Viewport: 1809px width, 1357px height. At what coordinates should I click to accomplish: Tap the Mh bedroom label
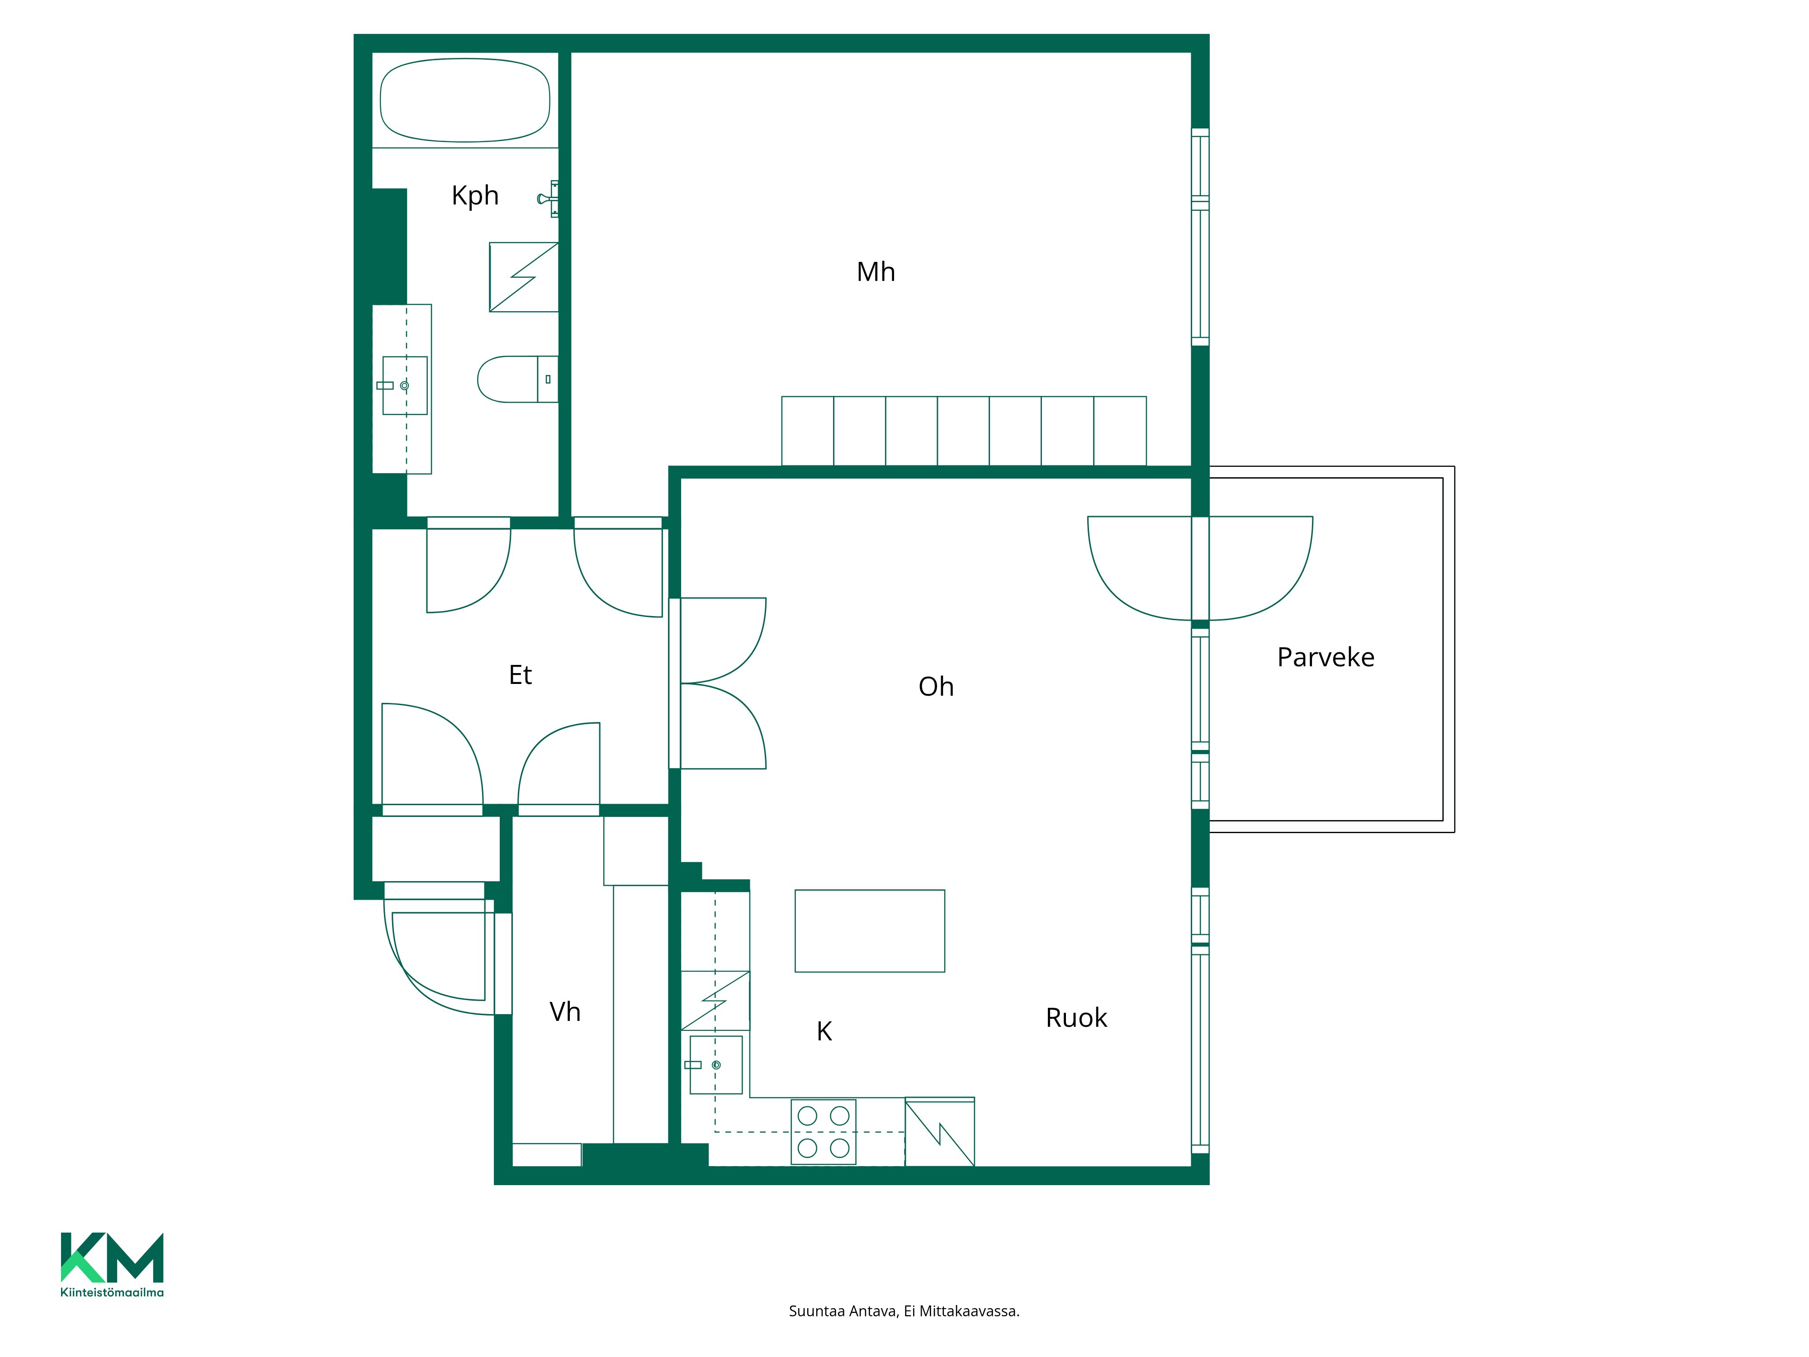click(x=876, y=271)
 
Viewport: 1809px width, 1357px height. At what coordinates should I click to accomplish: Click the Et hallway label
click(x=520, y=675)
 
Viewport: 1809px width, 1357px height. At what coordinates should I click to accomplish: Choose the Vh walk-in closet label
click(x=565, y=1012)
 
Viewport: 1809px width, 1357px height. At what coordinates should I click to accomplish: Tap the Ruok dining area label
click(x=1076, y=1018)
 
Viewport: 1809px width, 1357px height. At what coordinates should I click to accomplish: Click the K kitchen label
click(x=824, y=1031)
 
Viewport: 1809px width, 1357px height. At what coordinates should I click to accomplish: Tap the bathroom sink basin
click(x=405, y=385)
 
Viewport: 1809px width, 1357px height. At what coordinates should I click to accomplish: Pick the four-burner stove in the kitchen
click(x=824, y=1132)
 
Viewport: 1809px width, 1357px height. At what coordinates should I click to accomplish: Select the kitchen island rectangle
click(x=870, y=931)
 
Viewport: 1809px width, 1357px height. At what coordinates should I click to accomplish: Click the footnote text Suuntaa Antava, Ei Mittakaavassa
click(x=904, y=1311)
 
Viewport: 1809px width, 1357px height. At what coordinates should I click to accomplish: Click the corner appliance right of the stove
click(x=940, y=1132)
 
